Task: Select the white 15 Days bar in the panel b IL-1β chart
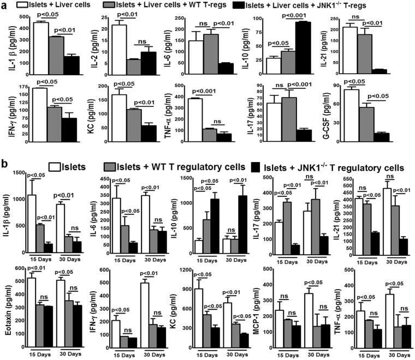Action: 32,224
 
